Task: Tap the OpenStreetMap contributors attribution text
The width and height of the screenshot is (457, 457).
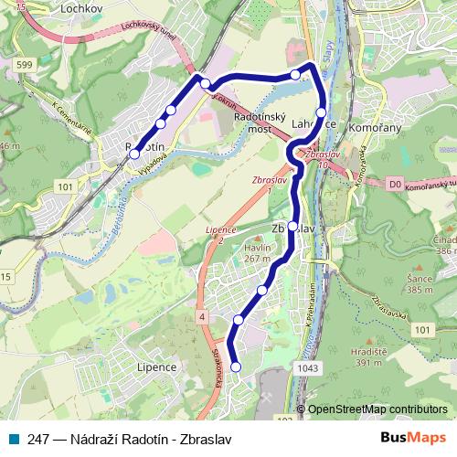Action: pos(377,409)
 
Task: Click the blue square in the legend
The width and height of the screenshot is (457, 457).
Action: pos(13,440)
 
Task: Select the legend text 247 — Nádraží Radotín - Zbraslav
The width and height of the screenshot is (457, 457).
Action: pos(130,440)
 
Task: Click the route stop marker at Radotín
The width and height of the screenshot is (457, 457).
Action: pos(134,154)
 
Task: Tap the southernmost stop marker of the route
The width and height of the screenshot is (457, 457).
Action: pos(236,367)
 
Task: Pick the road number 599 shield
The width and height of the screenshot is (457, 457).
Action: pos(24,64)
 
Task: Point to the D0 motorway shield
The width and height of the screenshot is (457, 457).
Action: pos(394,185)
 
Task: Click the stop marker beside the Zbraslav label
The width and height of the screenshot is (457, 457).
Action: pos(292,226)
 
